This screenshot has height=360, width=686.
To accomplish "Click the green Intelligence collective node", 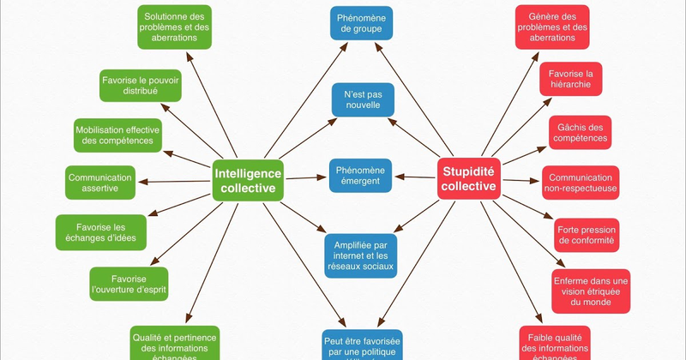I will [248, 179].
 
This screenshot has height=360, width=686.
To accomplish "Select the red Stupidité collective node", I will [467, 177].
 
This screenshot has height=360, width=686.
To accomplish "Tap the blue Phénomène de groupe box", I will [363, 22].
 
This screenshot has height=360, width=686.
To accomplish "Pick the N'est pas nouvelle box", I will [363, 99].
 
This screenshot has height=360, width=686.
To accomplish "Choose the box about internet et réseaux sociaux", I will [361, 255].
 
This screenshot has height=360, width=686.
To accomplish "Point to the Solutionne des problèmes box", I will [175, 27].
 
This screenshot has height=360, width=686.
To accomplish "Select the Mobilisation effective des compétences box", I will [117, 135].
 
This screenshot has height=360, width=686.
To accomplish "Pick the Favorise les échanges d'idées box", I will [94, 231].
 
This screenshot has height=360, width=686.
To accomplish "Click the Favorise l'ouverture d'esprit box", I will [129, 284].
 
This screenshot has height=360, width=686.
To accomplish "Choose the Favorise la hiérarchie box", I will [571, 79].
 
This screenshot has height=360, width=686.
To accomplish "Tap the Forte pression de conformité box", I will [587, 235].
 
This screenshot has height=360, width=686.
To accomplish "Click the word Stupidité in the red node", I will [467, 170].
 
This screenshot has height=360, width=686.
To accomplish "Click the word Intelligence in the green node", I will [248, 171].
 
